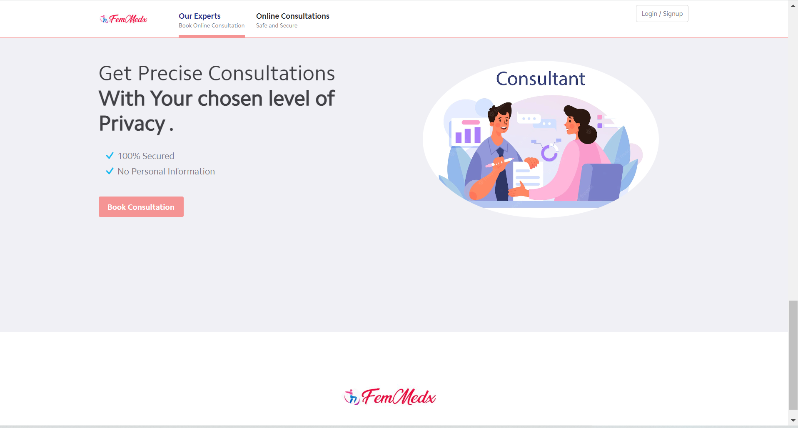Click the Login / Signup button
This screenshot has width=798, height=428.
pos(662,14)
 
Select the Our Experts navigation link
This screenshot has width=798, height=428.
pos(199,16)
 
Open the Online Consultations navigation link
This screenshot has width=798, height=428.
pos(292,16)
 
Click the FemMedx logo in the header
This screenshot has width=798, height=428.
pos(124,19)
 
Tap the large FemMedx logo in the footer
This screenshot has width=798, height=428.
pos(390,397)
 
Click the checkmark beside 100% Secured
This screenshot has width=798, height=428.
pos(110,156)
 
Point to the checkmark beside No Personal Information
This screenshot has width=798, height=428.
pos(110,171)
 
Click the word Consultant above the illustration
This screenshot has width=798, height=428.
pos(540,79)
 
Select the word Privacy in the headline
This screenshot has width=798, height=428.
pos(132,124)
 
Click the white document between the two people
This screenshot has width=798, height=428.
pos(528,177)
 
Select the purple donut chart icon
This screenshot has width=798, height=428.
pos(549,153)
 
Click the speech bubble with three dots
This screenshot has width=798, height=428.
pos(529,119)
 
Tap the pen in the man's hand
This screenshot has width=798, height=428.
pos(500,162)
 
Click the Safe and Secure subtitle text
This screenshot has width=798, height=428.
pos(277,26)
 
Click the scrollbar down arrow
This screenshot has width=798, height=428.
pos(793,421)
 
